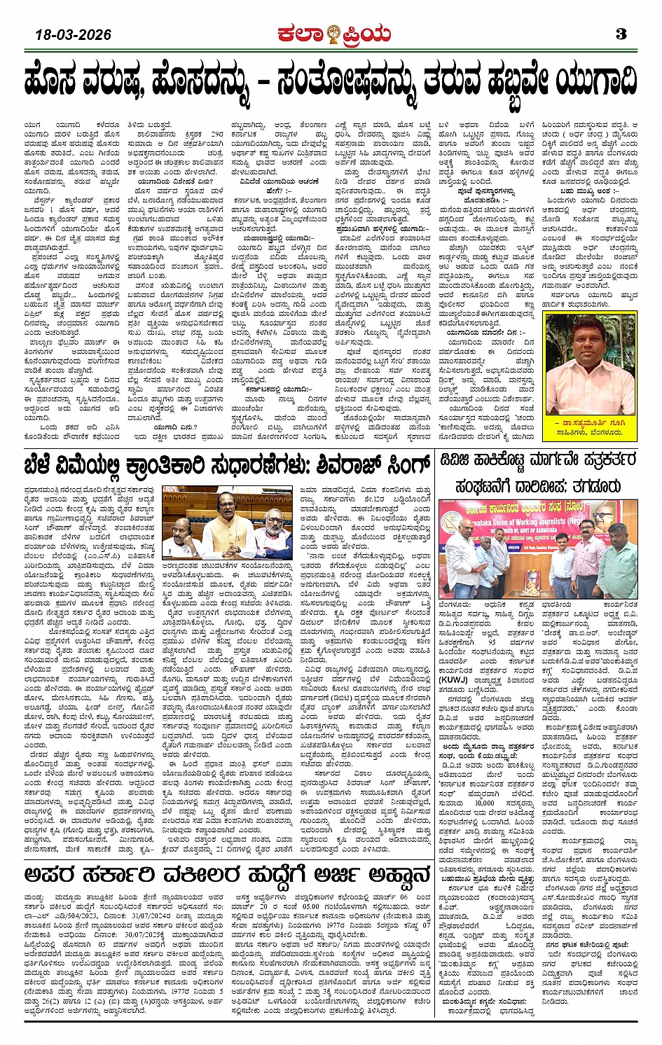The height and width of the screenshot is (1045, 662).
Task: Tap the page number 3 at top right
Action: coord(621,34)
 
